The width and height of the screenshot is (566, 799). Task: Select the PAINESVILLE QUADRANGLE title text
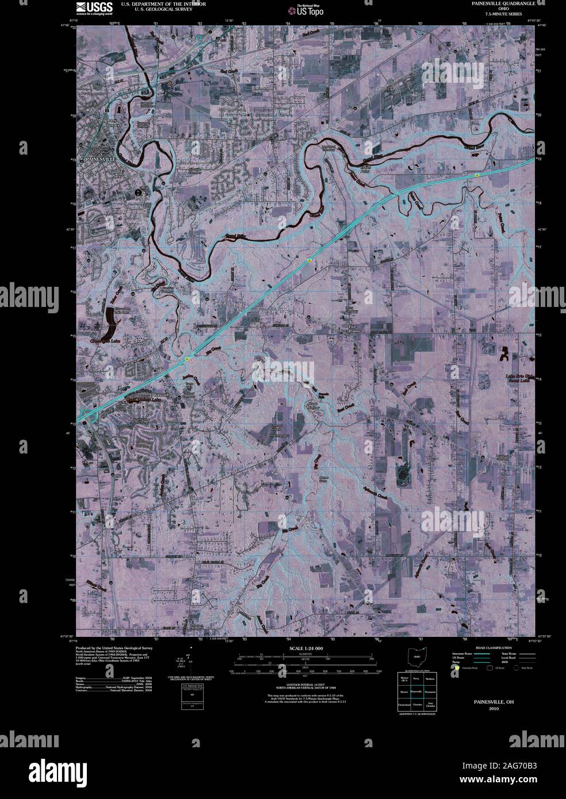pyautogui.click(x=502, y=3)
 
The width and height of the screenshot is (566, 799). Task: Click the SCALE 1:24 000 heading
pyautogui.click(x=304, y=648)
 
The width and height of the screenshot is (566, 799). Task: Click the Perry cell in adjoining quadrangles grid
pyautogui.click(x=417, y=679)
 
